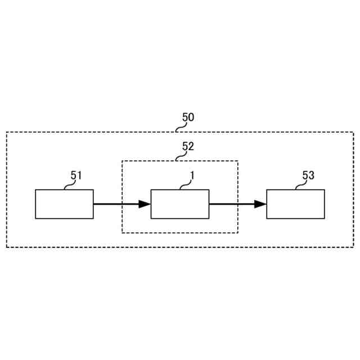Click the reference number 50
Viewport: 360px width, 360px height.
188,118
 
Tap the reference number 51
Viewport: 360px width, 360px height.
76,175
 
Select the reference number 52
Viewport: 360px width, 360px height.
188,146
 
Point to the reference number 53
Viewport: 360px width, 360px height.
308,175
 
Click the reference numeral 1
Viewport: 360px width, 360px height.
192,175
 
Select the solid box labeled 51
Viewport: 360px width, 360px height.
64,204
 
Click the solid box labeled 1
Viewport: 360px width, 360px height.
180,204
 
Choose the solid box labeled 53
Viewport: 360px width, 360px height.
295,204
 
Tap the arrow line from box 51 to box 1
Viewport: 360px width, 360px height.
116,204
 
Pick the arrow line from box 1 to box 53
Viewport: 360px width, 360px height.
231,204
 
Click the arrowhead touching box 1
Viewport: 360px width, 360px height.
145,204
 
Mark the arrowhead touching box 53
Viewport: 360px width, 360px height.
260,204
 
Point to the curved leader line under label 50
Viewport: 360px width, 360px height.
179,128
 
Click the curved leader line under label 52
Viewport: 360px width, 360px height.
179,156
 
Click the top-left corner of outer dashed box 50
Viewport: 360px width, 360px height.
7,132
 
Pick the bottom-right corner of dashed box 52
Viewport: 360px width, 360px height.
238,233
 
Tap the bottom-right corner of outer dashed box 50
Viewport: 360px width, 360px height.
354,247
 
